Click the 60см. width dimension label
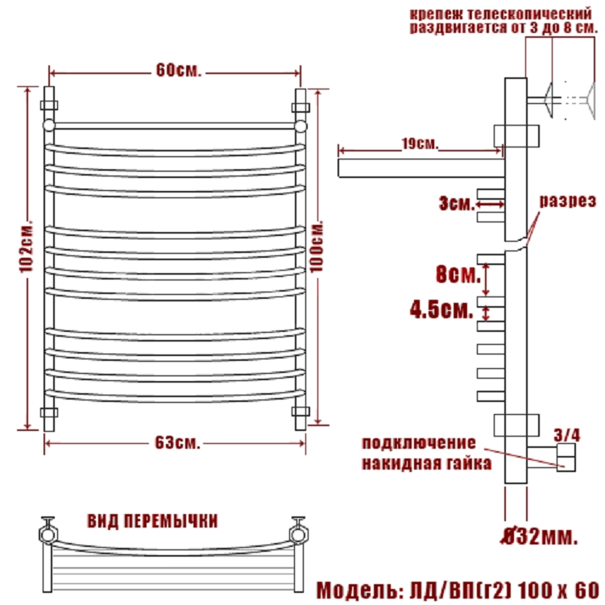pyautogui.click(x=179, y=70)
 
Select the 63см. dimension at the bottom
pyautogui.click(x=177, y=442)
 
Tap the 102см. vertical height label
pyautogui.click(x=27, y=247)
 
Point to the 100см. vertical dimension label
pyautogui.click(x=317, y=247)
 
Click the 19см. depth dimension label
pyautogui.click(x=421, y=144)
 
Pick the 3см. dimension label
pyautogui.click(x=457, y=203)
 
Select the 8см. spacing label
pyautogui.click(x=458, y=275)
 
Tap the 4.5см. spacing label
pyautogui.click(x=441, y=309)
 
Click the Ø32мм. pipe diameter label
pyautogui.click(x=540, y=537)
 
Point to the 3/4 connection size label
pyautogui.click(x=567, y=435)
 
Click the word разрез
pyautogui.click(x=568, y=201)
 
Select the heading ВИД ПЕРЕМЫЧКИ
pyautogui.click(x=153, y=521)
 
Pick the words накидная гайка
pyautogui.click(x=427, y=463)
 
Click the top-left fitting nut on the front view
pyautogui.click(x=49, y=105)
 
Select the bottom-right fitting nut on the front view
pyautogui.click(x=300, y=412)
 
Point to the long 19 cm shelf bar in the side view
pyautogui.click(x=421, y=168)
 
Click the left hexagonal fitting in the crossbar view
pyautogui.click(x=48, y=534)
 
